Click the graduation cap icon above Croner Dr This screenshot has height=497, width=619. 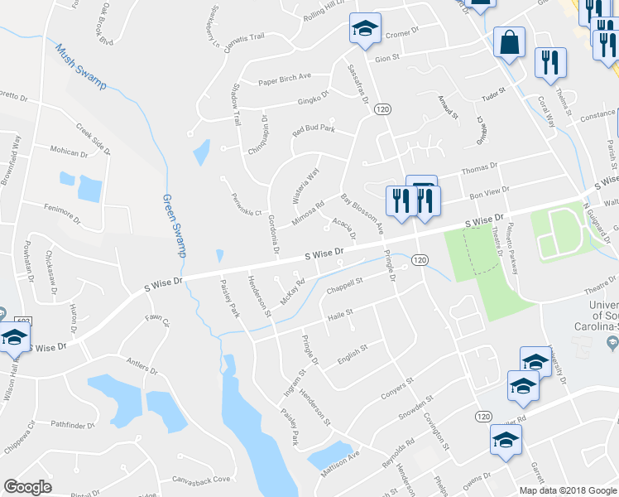coord(365,30)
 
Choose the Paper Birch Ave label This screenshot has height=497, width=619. coord(284,78)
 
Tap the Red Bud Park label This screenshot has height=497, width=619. coord(313,129)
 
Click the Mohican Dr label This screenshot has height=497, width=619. coord(70,152)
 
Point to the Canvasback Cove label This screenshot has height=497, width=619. coord(200,480)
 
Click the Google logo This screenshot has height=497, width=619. coord(27,487)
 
